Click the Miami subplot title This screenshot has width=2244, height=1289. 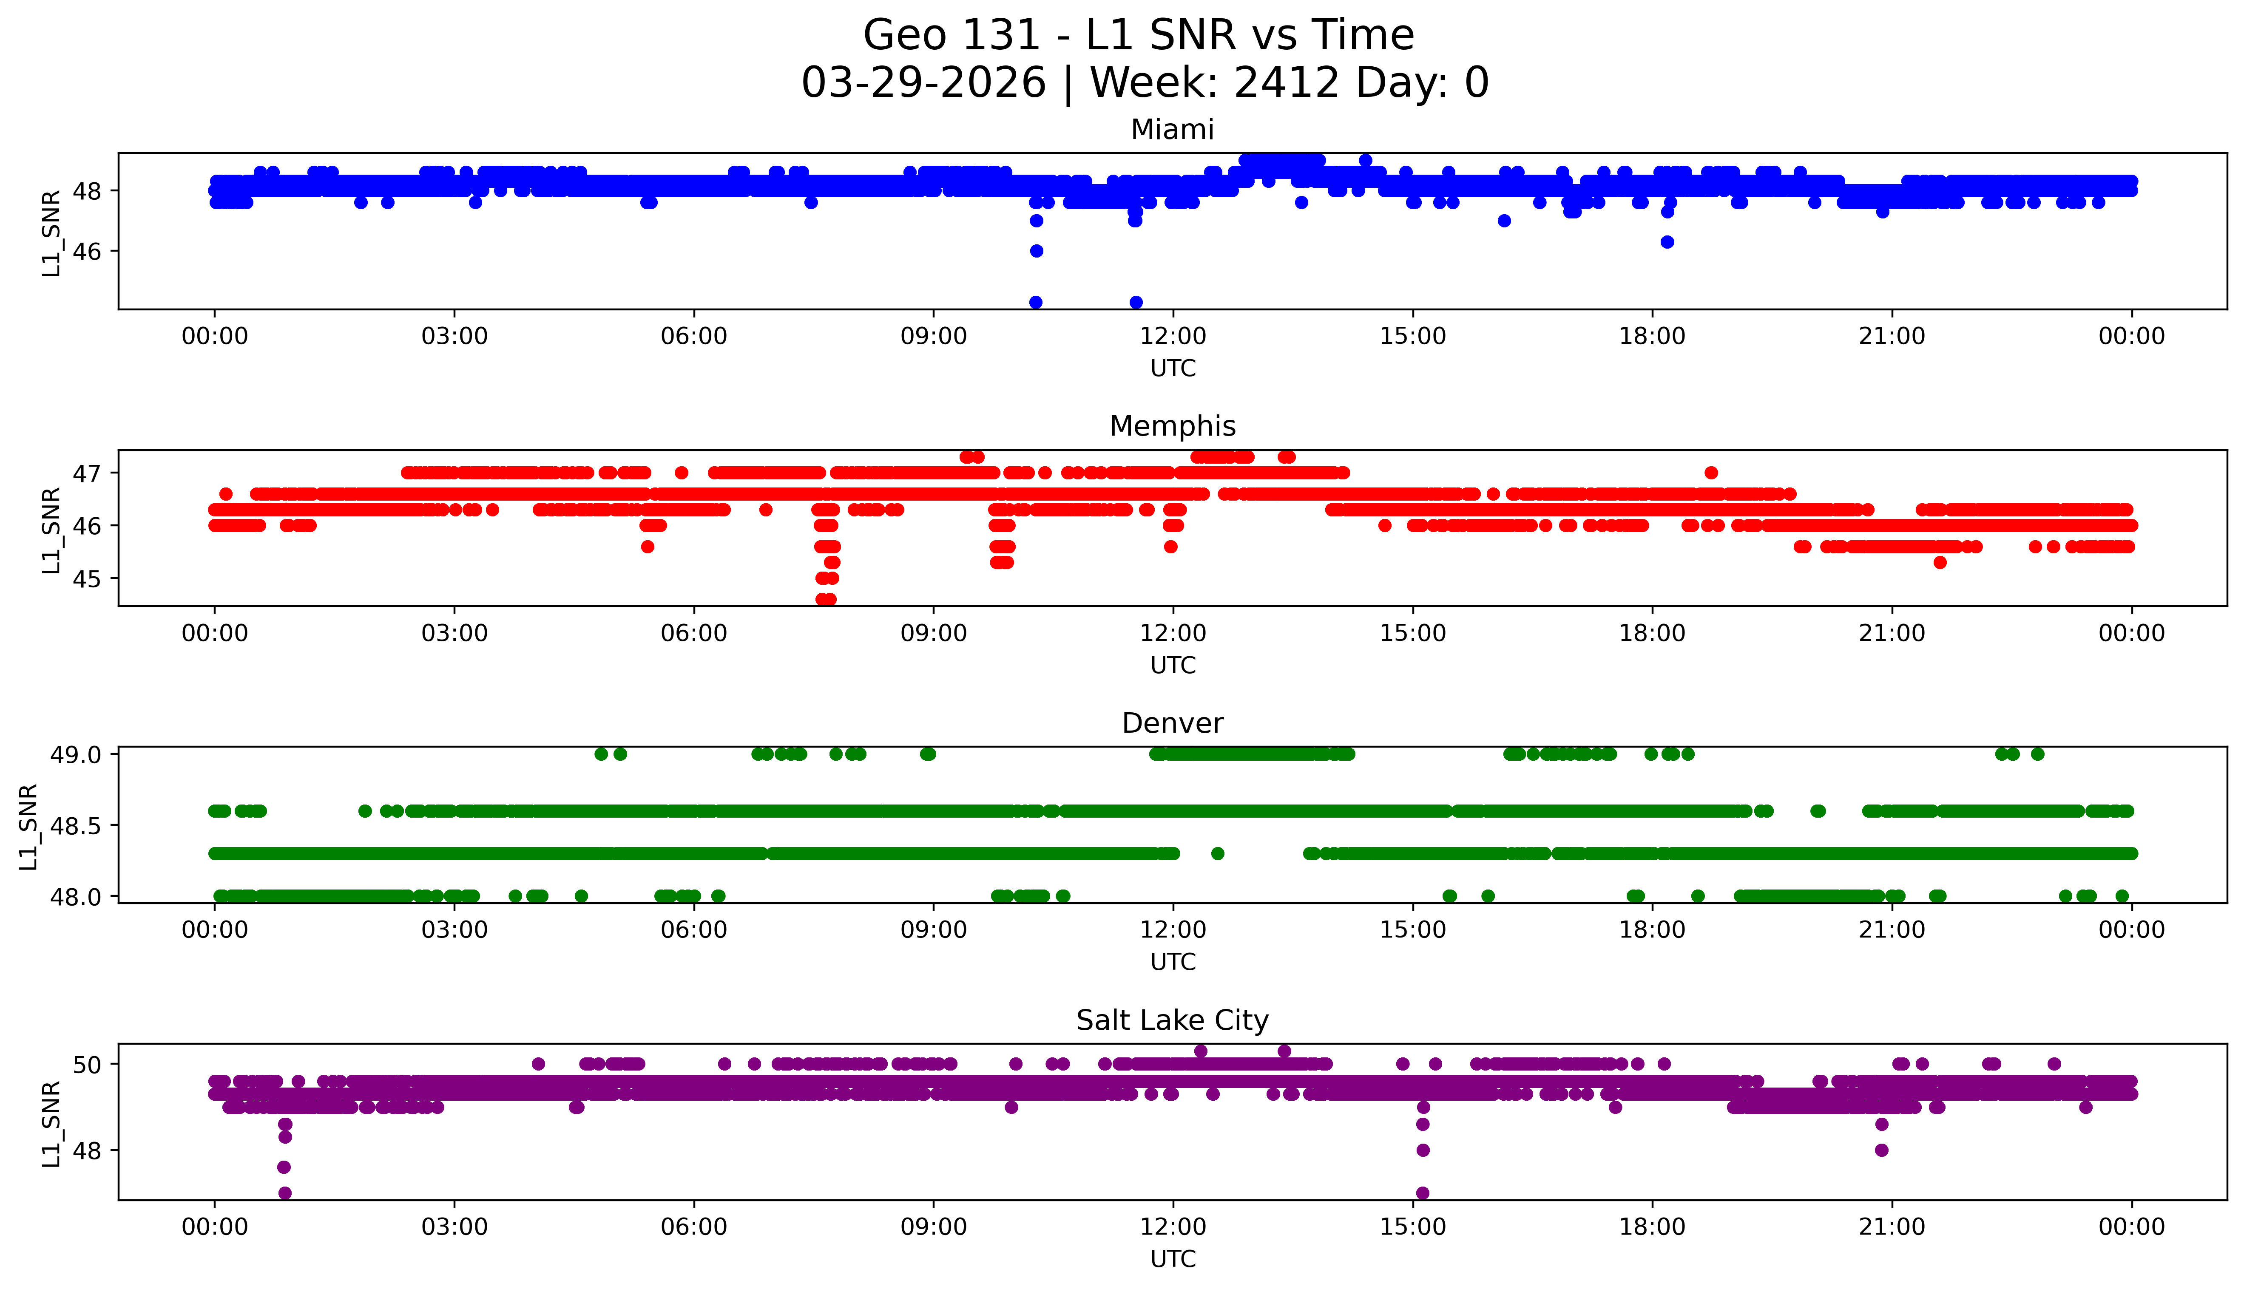coord(1172,130)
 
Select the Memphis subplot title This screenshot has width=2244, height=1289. coord(1172,427)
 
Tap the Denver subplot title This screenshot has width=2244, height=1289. coord(1172,723)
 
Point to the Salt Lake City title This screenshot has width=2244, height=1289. coord(1172,1021)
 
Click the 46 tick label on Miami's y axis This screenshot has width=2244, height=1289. coord(87,252)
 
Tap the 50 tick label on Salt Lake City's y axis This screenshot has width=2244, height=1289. coord(87,1064)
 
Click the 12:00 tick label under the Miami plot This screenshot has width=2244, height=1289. coord(1173,337)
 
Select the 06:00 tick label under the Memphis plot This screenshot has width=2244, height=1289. coord(693,633)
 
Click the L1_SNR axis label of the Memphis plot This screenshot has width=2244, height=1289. coord(51,530)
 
